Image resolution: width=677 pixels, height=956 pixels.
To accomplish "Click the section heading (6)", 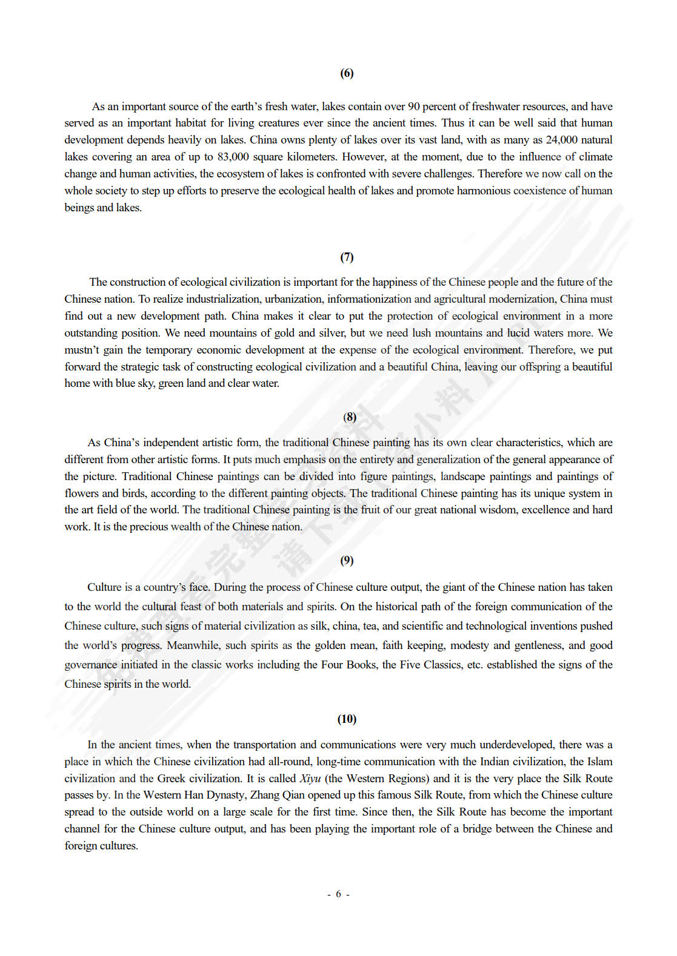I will point(347,73).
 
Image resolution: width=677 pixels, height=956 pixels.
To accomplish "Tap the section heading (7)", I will point(347,257).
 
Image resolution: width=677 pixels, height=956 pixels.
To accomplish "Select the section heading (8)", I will point(350,417).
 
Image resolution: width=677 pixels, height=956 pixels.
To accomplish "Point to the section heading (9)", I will point(347,560).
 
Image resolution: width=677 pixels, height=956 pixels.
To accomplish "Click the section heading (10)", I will point(347,719).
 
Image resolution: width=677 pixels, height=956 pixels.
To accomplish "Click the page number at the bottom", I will point(338,894).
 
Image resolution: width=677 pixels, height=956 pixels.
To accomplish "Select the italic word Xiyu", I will point(310,779).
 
